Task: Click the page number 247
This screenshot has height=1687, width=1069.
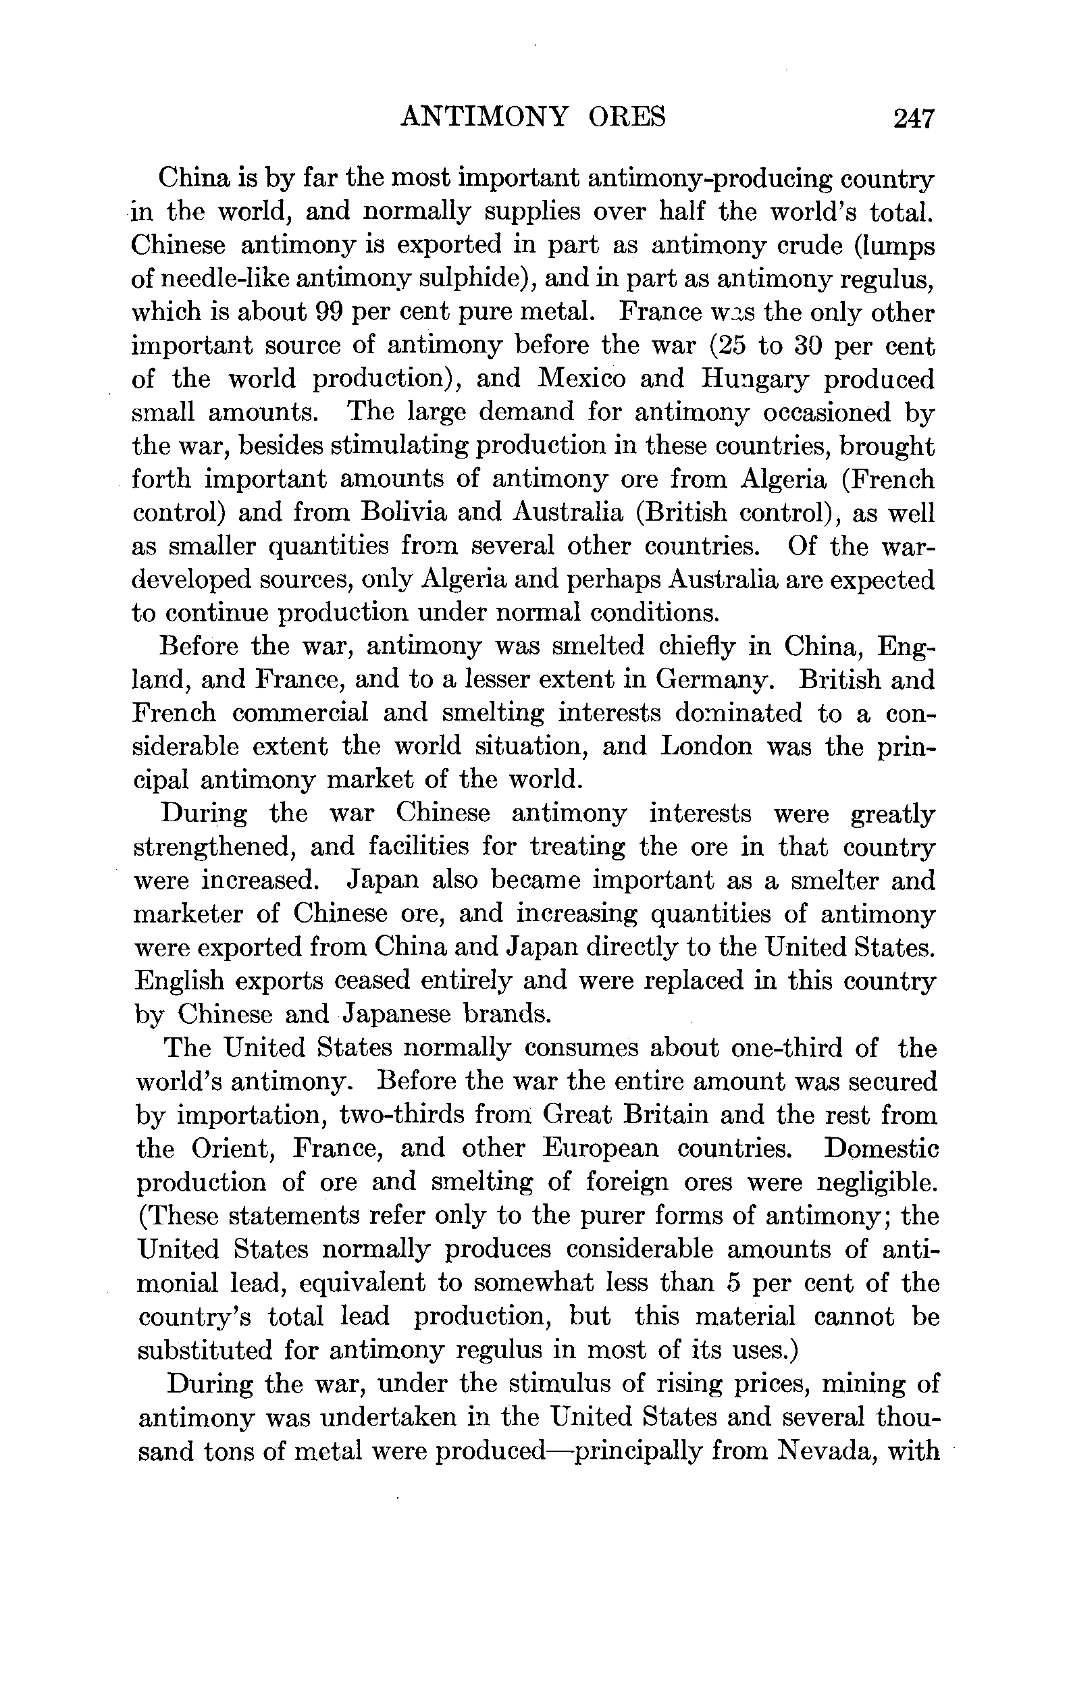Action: [914, 118]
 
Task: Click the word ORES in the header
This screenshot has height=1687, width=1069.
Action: [627, 117]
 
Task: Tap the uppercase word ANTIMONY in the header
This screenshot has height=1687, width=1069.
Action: [484, 117]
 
